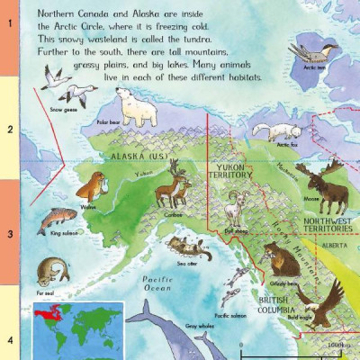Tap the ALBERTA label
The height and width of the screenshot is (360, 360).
tap(337, 243)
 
